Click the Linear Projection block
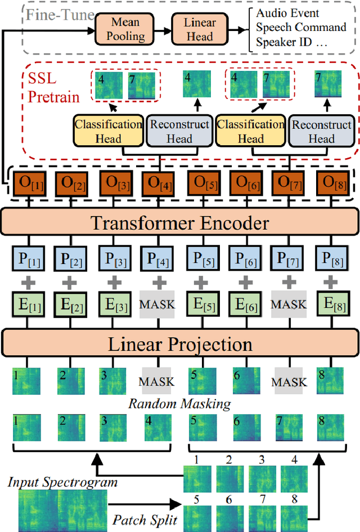point(180,343)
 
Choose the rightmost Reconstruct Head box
point(322,131)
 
